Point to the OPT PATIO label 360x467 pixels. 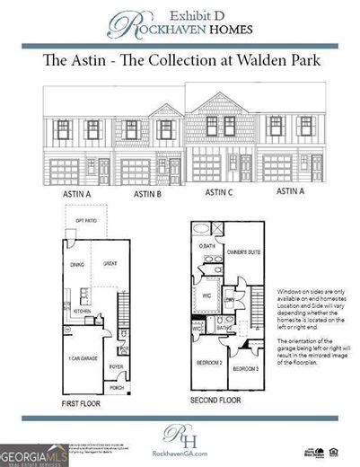[85, 220]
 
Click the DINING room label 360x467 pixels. [75, 264]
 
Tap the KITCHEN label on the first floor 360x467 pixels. [83, 311]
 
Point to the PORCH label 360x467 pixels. [116, 388]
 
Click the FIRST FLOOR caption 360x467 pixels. [83, 404]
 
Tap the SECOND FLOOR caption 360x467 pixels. [216, 399]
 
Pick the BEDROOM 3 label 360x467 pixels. [244, 369]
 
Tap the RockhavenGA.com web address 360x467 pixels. [180, 454]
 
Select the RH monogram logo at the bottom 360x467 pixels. [180, 436]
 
